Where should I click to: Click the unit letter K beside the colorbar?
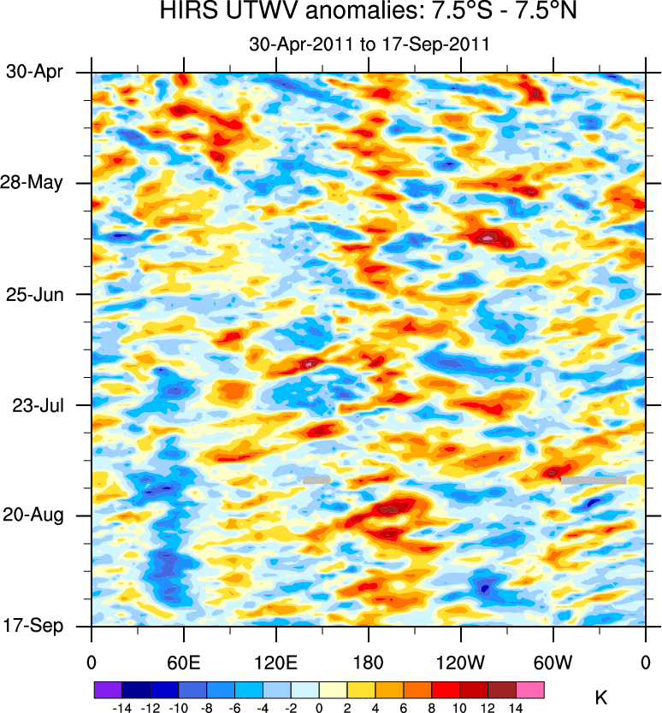tap(600, 698)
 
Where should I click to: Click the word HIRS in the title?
tap(186, 13)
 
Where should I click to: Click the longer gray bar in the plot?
tap(593, 480)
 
